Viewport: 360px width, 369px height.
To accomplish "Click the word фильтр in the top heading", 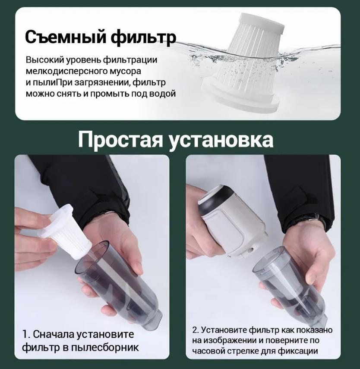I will (143, 37).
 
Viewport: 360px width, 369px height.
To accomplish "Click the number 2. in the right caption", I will (196, 330).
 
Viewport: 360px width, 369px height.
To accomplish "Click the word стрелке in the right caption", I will (243, 351).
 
